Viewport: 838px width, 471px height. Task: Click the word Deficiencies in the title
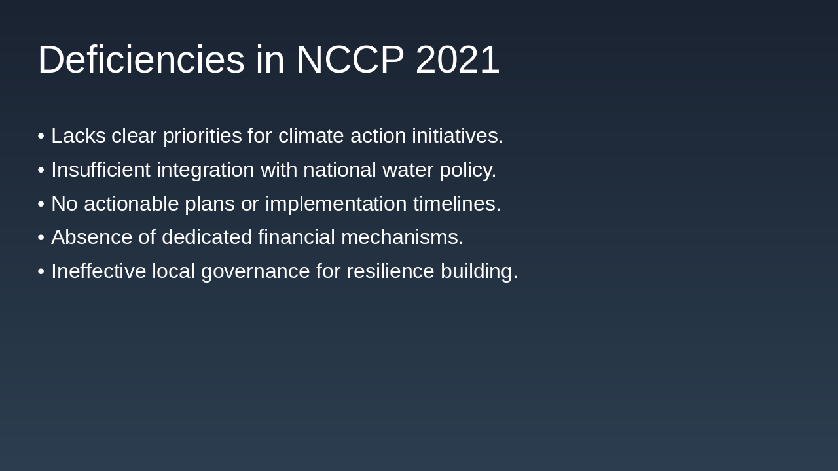pos(141,60)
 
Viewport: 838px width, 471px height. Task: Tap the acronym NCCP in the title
pos(350,60)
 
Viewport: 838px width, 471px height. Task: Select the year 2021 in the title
pos(458,60)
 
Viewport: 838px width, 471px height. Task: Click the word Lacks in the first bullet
pos(79,135)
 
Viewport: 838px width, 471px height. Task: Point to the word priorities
pos(202,136)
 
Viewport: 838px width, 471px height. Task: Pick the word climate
pos(311,135)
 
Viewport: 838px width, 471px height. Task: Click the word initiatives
pos(458,135)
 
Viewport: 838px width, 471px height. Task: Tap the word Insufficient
pos(101,169)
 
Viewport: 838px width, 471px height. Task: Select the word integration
pos(206,171)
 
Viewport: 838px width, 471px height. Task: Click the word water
pos(408,171)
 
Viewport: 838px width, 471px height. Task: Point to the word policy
pos(467,171)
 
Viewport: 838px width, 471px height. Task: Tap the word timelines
pos(457,203)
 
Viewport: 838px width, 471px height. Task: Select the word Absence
pos(92,237)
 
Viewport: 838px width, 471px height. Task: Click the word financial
pos(297,237)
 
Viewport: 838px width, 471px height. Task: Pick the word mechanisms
pos(402,237)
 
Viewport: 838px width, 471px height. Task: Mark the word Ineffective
pos(98,271)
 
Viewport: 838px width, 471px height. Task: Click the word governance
pos(255,272)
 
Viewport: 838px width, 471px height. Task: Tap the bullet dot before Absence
pos(41,237)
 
